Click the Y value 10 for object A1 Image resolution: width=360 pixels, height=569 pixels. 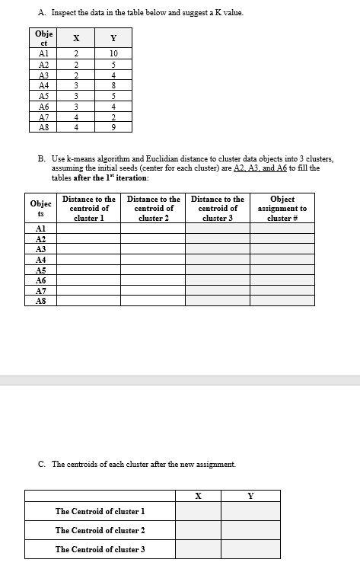click(113, 53)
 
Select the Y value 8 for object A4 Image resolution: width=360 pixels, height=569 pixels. click(113, 85)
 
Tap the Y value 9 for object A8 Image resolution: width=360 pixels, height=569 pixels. click(113, 128)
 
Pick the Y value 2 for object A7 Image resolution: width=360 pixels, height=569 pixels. click(113, 117)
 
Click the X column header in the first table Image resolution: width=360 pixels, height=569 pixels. click(76, 38)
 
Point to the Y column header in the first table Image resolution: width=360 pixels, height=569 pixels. click(113, 38)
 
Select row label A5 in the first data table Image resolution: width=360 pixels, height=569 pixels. click(43, 96)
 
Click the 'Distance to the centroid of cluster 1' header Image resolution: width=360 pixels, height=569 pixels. click(88, 208)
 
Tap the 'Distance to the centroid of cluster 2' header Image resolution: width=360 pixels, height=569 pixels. click(153, 208)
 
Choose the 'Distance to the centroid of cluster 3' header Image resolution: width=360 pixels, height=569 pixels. click(218, 208)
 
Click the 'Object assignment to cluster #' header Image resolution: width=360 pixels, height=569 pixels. click(282, 208)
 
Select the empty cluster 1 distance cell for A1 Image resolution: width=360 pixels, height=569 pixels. click(88, 228)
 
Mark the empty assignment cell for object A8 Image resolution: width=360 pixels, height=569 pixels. click(282, 301)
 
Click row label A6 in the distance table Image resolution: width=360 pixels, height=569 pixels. click(41, 280)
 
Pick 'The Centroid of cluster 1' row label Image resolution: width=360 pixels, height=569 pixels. click(100, 511)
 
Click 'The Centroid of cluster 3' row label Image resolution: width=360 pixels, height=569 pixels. click(100, 549)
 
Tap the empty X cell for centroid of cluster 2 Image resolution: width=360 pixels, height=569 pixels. click(198, 530)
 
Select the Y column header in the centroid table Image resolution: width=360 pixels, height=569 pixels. click(250, 496)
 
